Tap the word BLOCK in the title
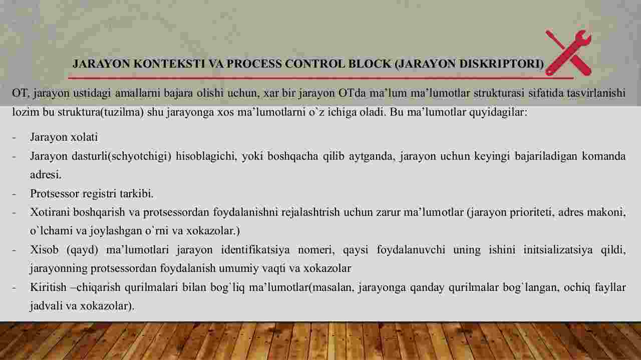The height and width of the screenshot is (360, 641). click(x=370, y=64)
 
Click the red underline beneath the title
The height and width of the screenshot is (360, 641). click(x=320, y=78)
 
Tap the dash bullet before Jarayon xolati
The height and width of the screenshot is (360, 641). click(x=14, y=138)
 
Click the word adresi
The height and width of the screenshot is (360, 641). click(x=46, y=175)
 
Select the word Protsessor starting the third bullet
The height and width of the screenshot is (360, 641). click(x=55, y=194)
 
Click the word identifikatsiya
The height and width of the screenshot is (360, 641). click(x=255, y=250)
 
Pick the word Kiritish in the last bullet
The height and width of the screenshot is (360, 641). click(x=48, y=287)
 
